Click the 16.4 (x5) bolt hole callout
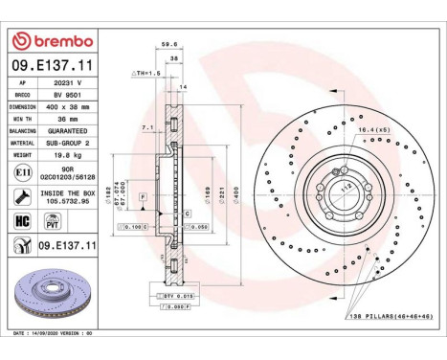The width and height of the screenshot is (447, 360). coord(373,128)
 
